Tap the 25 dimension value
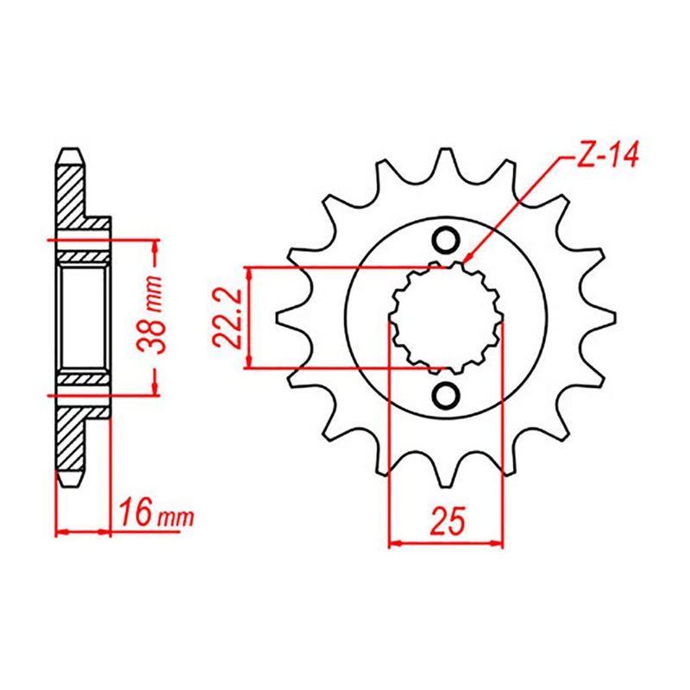[x=446, y=521]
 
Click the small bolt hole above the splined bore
[x=446, y=240]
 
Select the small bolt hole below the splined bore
[x=446, y=395]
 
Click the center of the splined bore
[x=446, y=317]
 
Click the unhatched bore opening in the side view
[x=84, y=317]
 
